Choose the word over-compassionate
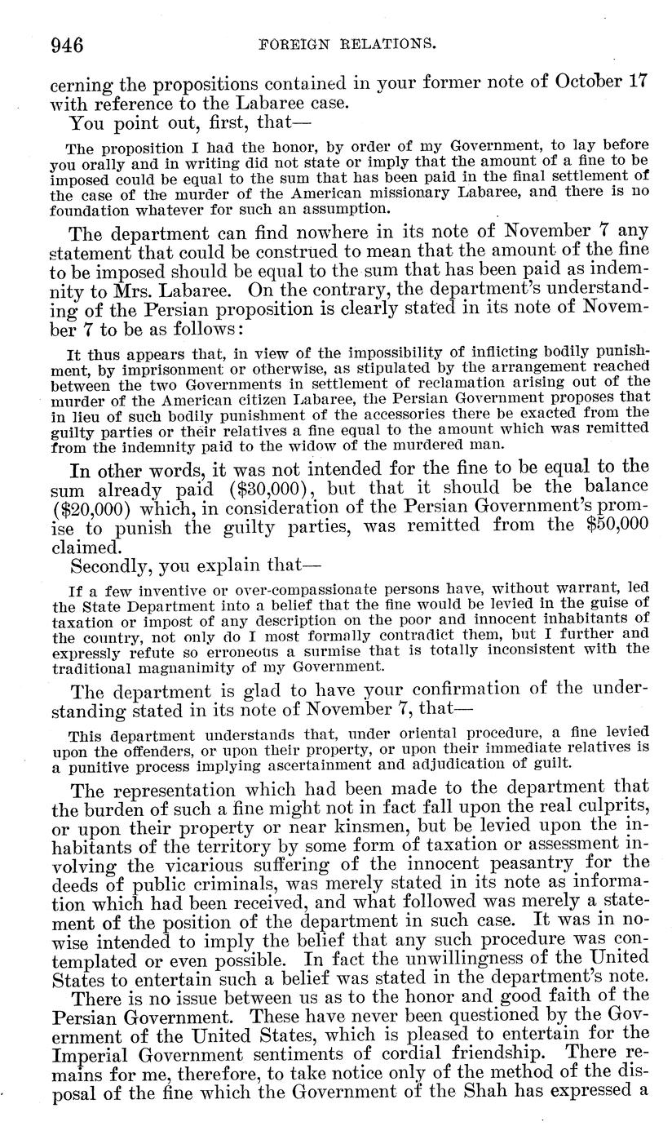point(272,588)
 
